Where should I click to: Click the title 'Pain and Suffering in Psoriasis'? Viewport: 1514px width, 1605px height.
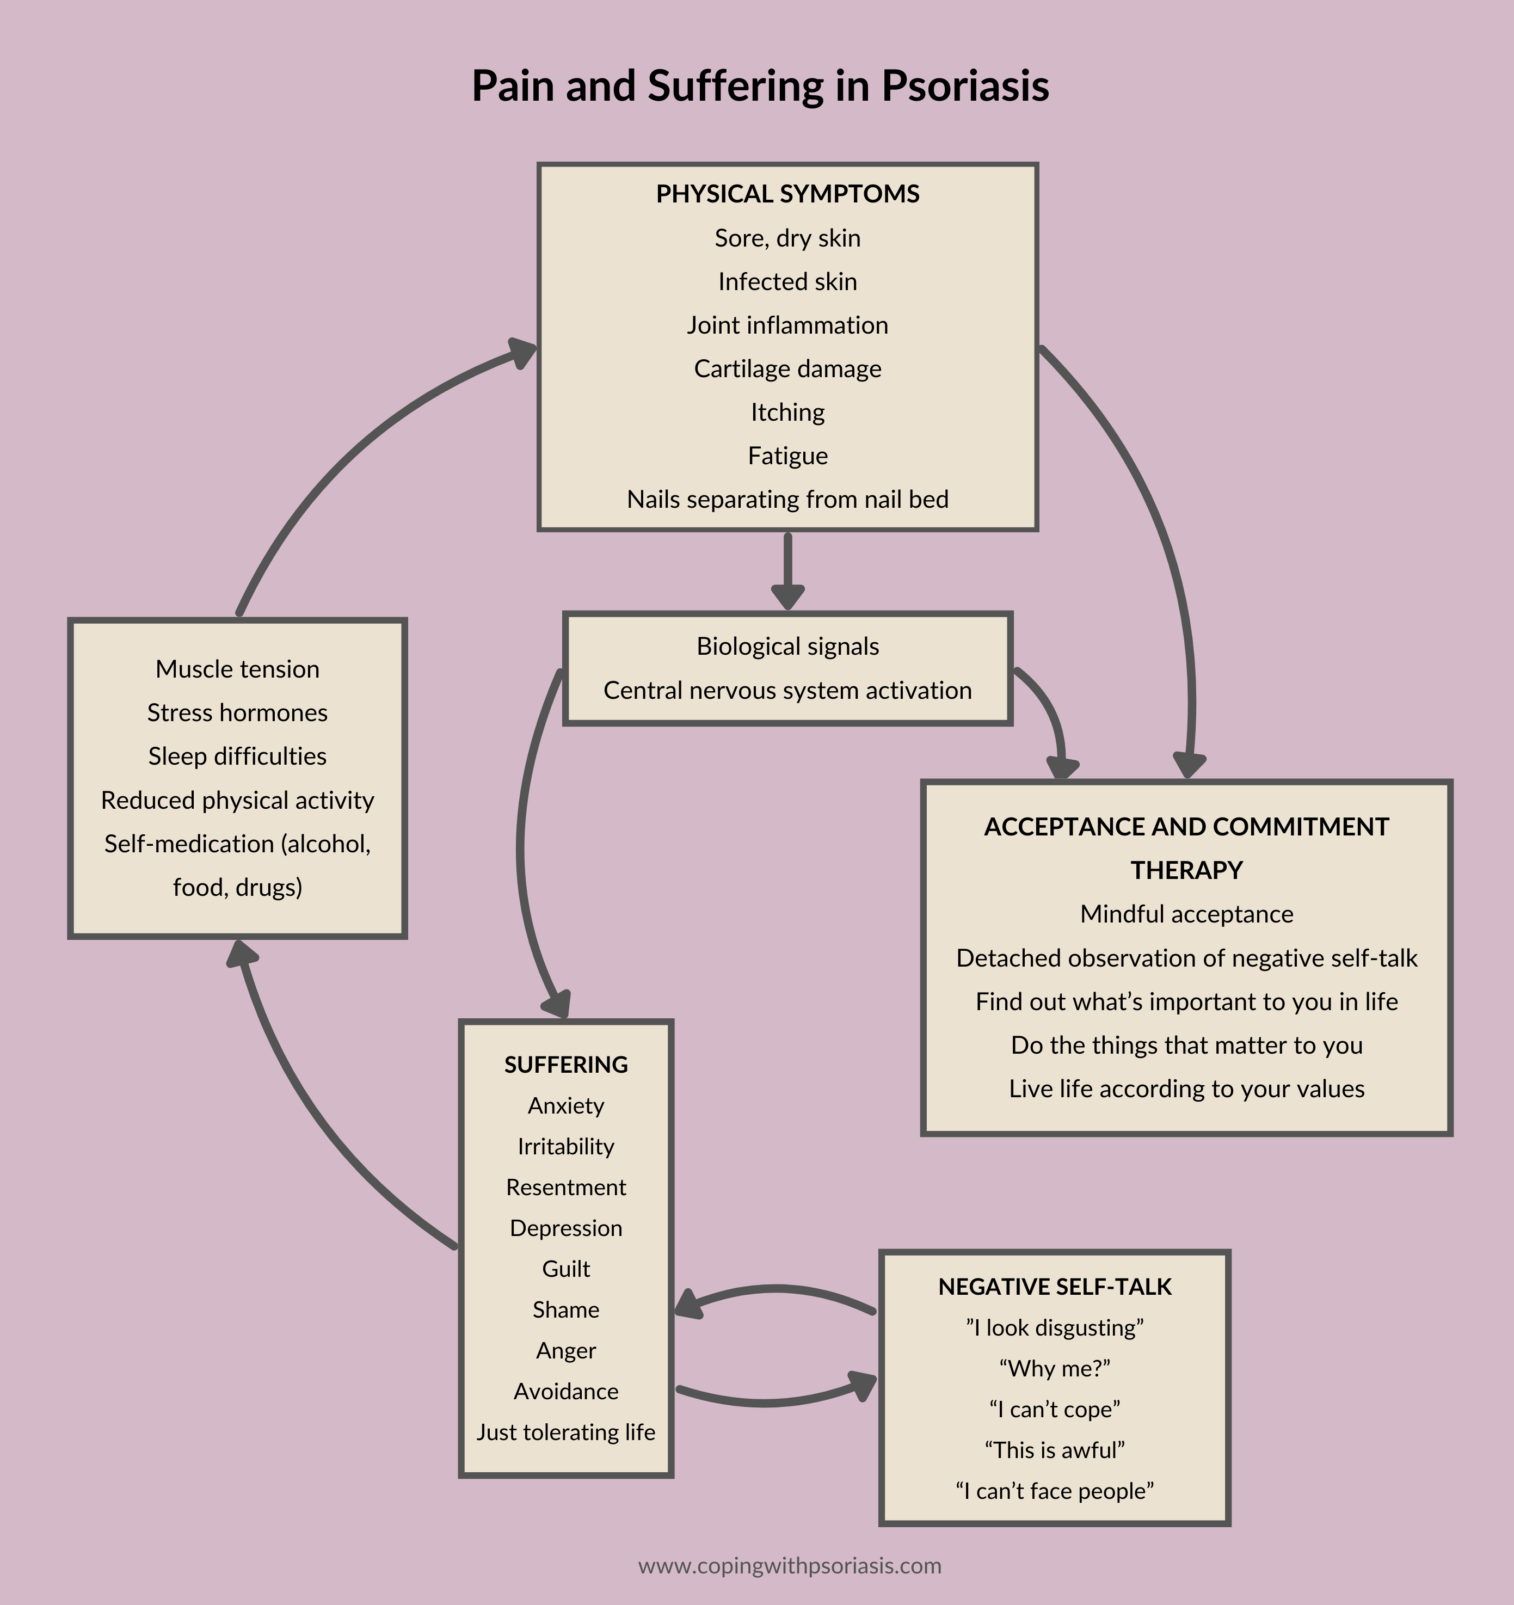click(760, 85)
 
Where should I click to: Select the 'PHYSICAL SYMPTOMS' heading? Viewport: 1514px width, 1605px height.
click(787, 194)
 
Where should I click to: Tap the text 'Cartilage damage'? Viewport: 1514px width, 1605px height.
click(787, 369)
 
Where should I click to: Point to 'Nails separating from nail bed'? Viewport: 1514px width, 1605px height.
click(787, 500)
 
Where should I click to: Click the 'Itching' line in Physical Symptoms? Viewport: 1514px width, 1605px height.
click(787, 413)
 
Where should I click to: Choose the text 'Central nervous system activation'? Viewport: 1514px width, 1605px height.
click(787, 690)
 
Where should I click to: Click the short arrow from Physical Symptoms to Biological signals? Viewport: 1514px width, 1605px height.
click(787, 570)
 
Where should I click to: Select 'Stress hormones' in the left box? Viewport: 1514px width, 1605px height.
click(237, 713)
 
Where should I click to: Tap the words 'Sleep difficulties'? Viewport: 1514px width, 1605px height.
click(237, 757)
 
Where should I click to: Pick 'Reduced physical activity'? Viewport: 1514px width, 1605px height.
click(237, 800)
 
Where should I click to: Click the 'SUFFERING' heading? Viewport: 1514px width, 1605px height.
click(566, 1065)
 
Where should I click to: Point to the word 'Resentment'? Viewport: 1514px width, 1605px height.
click(566, 1187)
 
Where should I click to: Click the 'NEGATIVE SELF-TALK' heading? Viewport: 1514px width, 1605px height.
click(1055, 1287)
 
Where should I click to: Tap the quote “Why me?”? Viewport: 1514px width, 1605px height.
click(1055, 1368)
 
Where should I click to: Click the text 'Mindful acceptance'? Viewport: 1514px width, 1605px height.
click(1186, 914)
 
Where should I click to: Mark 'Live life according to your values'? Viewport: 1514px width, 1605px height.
click(1186, 1089)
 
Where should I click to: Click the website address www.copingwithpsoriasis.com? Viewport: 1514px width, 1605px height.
click(789, 1566)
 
